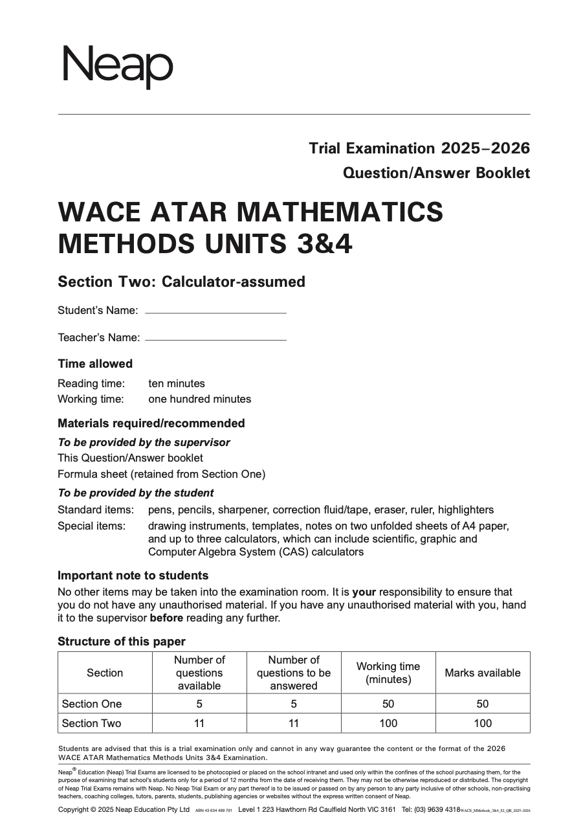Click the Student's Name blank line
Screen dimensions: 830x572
point(215,313)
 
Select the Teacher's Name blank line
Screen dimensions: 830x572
point(215,339)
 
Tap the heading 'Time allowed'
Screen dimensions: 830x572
point(95,364)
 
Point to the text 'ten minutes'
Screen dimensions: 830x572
point(176,383)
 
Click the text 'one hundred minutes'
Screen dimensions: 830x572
point(199,399)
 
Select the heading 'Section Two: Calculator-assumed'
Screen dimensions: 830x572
point(181,282)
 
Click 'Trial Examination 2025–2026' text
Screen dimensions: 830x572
point(419,148)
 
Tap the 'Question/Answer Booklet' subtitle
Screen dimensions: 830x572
point(436,173)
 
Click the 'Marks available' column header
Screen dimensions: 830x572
point(482,673)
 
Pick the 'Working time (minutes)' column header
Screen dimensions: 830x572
point(388,673)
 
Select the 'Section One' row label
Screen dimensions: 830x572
point(92,704)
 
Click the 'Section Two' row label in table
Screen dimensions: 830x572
point(91,723)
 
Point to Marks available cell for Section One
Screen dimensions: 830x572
point(482,704)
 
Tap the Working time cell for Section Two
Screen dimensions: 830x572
point(388,723)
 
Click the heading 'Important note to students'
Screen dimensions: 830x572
point(133,576)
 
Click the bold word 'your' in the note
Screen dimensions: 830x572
point(364,592)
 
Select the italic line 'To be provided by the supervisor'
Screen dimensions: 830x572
point(144,442)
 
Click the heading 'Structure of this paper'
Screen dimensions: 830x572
point(122,642)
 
